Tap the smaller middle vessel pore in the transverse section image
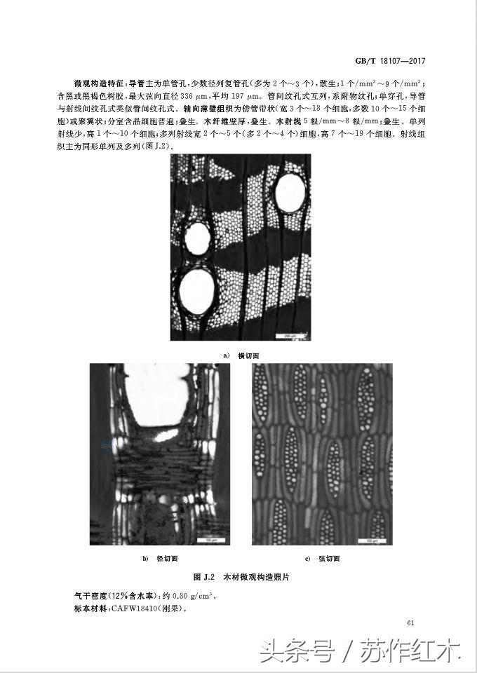pyautogui.click(x=197, y=239)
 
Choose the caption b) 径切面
pyautogui.click(x=160, y=559)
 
